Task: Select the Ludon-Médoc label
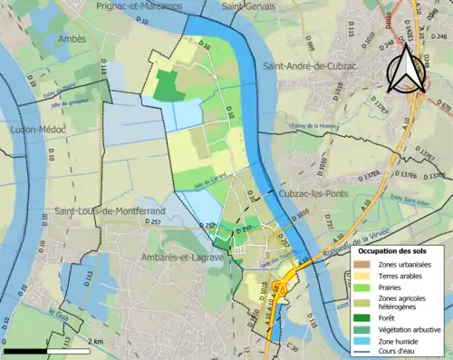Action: pos(34,130)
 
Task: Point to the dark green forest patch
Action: pos(168,86)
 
